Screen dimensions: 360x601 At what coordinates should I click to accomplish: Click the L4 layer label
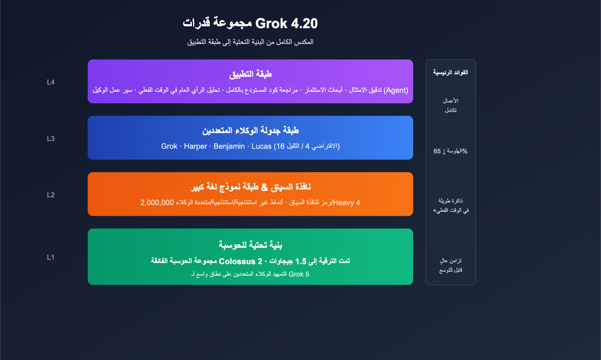point(51,82)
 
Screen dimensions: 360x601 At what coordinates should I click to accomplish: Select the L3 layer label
point(51,139)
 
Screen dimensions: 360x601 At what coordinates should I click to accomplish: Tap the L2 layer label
point(51,195)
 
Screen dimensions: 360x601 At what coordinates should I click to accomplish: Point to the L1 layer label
point(51,257)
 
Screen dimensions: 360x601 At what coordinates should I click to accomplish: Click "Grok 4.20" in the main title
point(286,24)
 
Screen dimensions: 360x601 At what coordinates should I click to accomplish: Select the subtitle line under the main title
point(250,42)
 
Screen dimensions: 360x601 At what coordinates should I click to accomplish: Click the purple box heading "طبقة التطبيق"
point(250,74)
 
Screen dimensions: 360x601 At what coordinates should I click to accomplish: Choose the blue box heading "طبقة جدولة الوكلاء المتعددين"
point(250,130)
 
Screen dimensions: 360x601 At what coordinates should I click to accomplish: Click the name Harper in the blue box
point(195,147)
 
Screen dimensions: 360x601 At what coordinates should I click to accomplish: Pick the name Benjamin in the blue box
point(229,147)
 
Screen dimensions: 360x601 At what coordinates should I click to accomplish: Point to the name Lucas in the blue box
point(261,147)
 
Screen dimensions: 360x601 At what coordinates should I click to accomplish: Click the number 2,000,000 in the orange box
point(157,203)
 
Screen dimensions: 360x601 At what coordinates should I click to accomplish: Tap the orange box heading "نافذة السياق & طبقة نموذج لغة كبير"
point(250,187)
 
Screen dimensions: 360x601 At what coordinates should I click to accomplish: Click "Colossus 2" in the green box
point(240,261)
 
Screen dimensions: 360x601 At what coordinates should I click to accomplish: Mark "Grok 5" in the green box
point(299,274)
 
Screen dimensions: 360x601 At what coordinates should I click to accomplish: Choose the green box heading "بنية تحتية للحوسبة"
point(250,245)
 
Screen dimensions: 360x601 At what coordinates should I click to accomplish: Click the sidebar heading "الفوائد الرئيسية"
point(450,73)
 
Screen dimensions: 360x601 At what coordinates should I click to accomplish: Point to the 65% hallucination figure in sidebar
point(450,151)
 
